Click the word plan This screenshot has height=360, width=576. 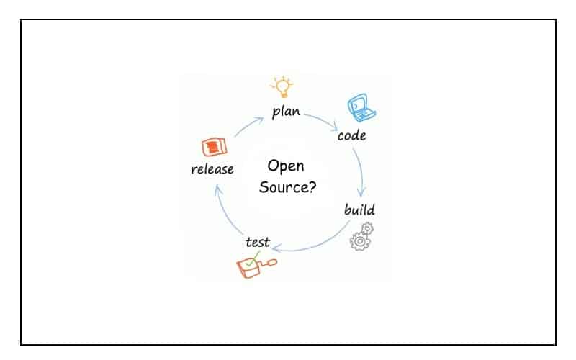point(286,112)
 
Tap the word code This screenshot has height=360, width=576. point(351,135)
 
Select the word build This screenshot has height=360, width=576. point(359,210)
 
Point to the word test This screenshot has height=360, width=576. point(257,242)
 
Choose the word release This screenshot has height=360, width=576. point(212,169)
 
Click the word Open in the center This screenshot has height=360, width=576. point(286,166)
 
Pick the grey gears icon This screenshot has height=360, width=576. point(362,236)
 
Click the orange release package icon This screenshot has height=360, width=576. point(215,147)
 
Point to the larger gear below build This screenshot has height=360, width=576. point(359,242)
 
